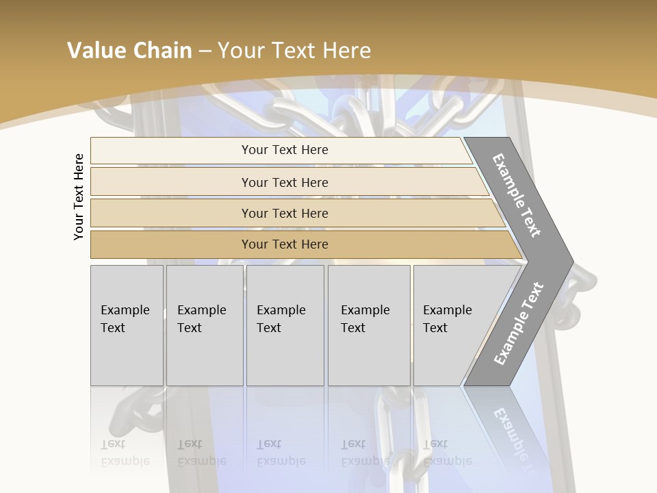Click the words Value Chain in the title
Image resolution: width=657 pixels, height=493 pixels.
[129, 51]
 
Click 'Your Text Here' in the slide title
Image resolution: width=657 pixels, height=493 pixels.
[294, 51]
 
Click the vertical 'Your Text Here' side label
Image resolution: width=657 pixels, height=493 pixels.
[79, 197]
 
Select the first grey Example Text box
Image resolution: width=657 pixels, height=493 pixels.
[127, 325]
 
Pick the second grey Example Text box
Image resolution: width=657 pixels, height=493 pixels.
[204, 325]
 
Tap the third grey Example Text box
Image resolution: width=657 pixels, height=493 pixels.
[285, 325]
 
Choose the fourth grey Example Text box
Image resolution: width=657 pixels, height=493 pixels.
[369, 325]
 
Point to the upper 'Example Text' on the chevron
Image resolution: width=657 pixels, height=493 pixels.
[517, 195]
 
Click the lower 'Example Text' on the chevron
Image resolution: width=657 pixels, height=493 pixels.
[518, 324]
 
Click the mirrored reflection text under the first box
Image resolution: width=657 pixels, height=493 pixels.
[125, 453]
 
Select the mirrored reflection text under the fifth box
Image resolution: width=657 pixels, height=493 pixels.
[447, 453]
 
